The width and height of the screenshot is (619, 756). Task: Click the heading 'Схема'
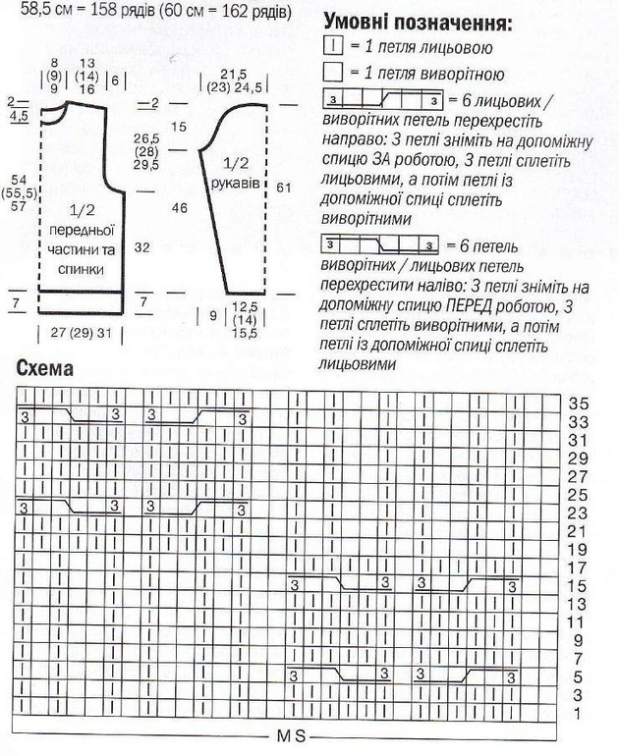pos(48,369)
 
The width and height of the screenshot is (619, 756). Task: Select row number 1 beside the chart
pos(580,712)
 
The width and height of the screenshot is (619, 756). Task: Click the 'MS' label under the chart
pos(290,736)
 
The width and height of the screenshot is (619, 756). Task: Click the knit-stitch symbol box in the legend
pos(330,46)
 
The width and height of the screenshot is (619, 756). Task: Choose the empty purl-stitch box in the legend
pos(330,73)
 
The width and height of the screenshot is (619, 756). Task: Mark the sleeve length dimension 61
pos(285,188)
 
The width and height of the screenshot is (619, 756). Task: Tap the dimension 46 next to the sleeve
pos(178,208)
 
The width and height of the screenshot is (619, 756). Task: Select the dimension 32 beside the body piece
pos(141,248)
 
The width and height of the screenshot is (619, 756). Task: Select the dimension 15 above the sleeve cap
pos(178,127)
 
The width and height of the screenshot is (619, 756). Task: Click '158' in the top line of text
pos(89,13)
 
